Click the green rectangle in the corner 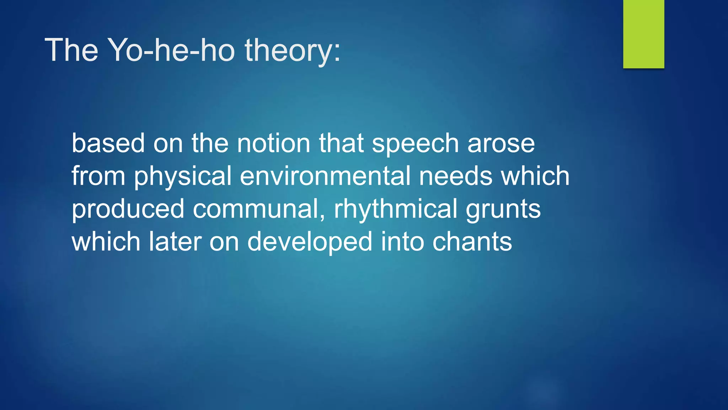[643, 34]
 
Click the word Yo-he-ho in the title [171, 50]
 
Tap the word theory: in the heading [293, 51]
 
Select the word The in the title [71, 50]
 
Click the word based [108, 143]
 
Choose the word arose [501, 144]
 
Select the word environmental [325, 176]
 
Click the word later [175, 242]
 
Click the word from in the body [98, 176]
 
